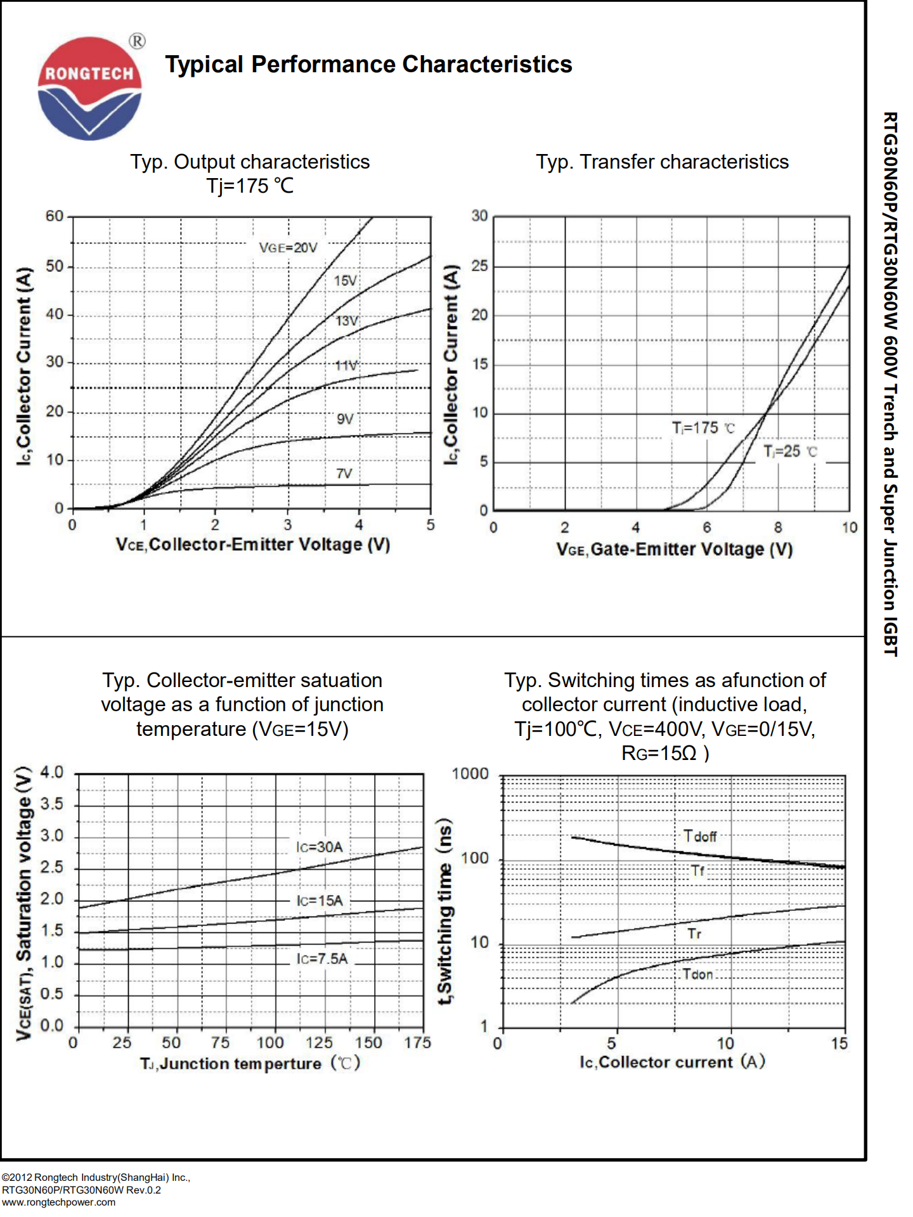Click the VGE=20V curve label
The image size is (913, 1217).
(x=288, y=248)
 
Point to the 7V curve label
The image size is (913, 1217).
(x=344, y=473)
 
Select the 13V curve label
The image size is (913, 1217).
(x=347, y=321)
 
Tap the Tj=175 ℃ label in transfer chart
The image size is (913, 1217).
(x=703, y=428)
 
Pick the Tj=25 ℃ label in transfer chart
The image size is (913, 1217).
(x=790, y=452)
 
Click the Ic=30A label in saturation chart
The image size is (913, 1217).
(x=320, y=847)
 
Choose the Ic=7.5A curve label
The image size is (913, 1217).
(x=322, y=958)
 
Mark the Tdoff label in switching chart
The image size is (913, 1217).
(x=700, y=836)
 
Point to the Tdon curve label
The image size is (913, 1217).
(x=697, y=974)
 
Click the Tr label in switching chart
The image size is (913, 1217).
(x=694, y=934)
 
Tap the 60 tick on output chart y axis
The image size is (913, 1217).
(x=55, y=216)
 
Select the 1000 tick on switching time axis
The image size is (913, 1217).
(x=470, y=774)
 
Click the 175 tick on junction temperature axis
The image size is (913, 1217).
(x=418, y=1043)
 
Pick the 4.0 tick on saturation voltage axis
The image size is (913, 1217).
(x=52, y=772)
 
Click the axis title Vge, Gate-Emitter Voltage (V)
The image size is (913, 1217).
(x=675, y=549)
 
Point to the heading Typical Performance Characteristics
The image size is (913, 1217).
(x=368, y=64)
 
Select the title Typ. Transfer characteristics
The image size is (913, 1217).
(x=662, y=162)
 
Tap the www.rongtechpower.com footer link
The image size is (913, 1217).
(x=58, y=1202)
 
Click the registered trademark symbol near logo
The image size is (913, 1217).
(x=137, y=41)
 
